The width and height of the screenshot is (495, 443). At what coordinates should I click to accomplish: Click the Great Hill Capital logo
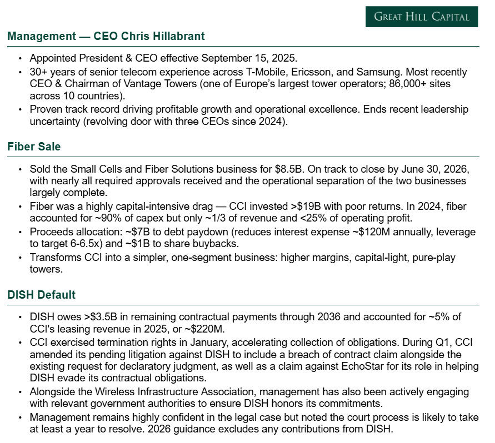click(422, 17)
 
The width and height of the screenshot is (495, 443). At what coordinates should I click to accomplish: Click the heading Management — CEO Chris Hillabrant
click(106, 37)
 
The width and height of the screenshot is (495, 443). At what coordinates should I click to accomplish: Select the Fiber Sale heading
click(34, 147)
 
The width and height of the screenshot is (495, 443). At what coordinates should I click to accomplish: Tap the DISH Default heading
click(42, 295)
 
